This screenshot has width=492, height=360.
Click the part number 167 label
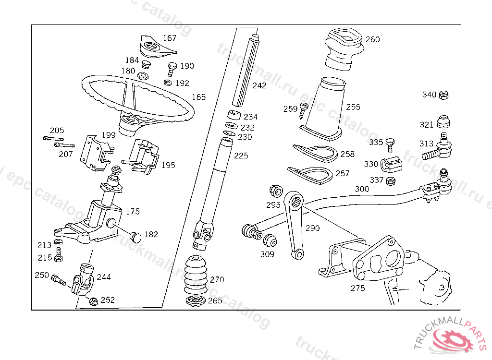click(170, 38)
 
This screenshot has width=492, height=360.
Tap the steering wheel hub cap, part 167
click(153, 47)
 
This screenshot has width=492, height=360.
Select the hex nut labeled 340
click(444, 95)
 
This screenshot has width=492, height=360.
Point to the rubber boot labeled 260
click(343, 48)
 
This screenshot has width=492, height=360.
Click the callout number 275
click(357, 288)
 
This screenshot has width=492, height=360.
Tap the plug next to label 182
click(136, 236)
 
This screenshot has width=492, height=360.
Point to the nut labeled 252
click(94, 301)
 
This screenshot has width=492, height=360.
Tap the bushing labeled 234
click(234, 116)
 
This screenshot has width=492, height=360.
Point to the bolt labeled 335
click(390, 143)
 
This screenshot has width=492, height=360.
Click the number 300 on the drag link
click(362, 189)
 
